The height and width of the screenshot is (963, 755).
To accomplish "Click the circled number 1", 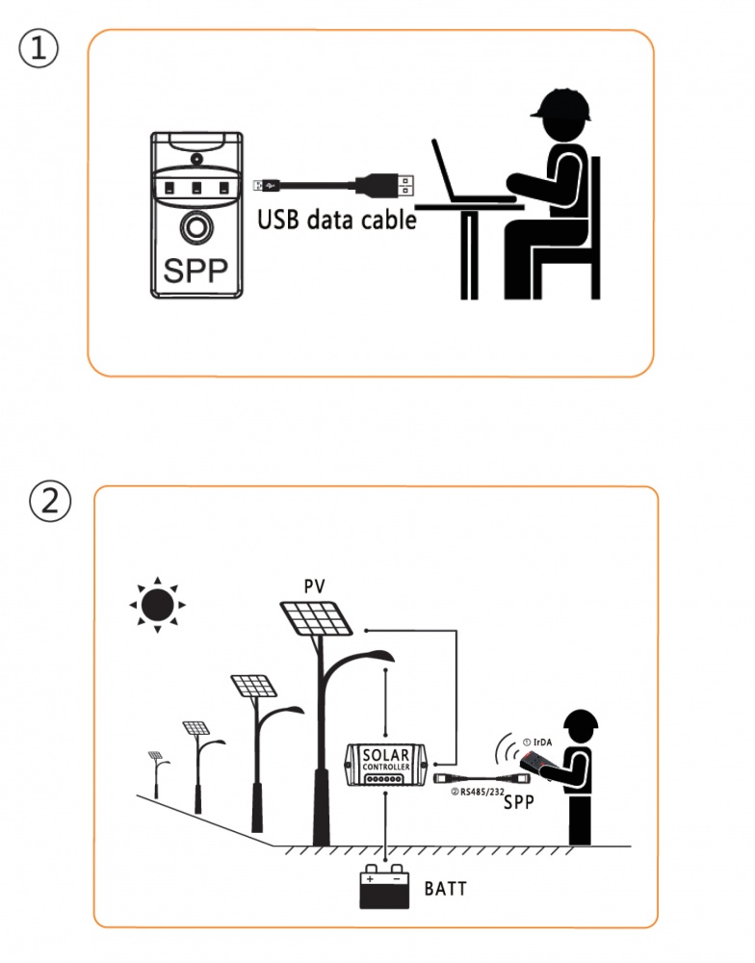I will (39, 50).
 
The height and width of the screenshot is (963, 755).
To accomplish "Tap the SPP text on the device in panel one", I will (195, 271).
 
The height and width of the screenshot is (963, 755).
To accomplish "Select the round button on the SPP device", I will (195, 228).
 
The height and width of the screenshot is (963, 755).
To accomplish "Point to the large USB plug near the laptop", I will (384, 182).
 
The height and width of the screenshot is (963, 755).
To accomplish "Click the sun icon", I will (157, 605).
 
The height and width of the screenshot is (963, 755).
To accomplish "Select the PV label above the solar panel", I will (315, 586).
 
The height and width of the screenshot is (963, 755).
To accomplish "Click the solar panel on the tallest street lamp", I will (317, 617).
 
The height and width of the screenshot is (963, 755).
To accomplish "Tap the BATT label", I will (445, 888).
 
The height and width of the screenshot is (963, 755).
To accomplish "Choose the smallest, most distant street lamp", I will (155, 769).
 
